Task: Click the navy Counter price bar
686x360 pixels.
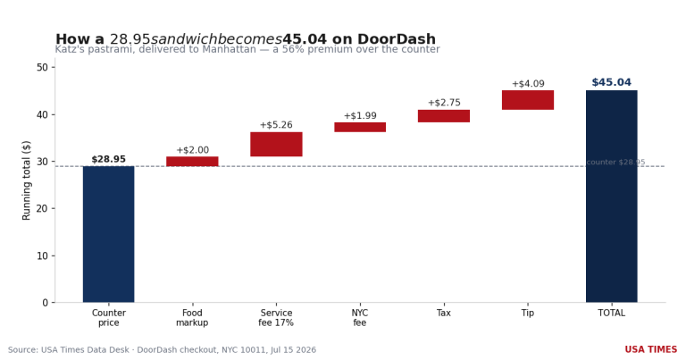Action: click(x=108, y=234)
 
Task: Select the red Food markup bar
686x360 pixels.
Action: click(x=192, y=162)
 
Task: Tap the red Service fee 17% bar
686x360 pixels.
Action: click(x=276, y=145)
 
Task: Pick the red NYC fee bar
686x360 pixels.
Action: click(x=360, y=127)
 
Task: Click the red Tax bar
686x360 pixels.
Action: click(x=444, y=116)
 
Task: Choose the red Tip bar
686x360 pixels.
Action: click(x=528, y=100)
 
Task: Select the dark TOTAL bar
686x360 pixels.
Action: click(x=612, y=197)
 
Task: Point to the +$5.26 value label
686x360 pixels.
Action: click(x=276, y=125)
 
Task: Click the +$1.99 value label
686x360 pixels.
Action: click(x=360, y=116)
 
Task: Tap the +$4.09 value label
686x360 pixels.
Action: click(x=528, y=84)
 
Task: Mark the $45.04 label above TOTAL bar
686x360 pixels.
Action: click(x=612, y=82)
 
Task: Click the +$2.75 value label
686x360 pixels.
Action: click(x=444, y=103)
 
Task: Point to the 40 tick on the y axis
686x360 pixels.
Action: click(x=43, y=114)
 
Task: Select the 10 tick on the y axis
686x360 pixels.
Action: click(x=43, y=255)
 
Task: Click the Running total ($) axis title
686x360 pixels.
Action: click(x=26, y=180)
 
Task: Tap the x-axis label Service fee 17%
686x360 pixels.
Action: click(x=276, y=318)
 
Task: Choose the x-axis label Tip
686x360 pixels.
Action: click(x=528, y=314)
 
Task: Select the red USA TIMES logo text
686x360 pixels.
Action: click(x=650, y=349)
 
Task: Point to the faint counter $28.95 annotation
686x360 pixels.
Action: click(x=615, y=163)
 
